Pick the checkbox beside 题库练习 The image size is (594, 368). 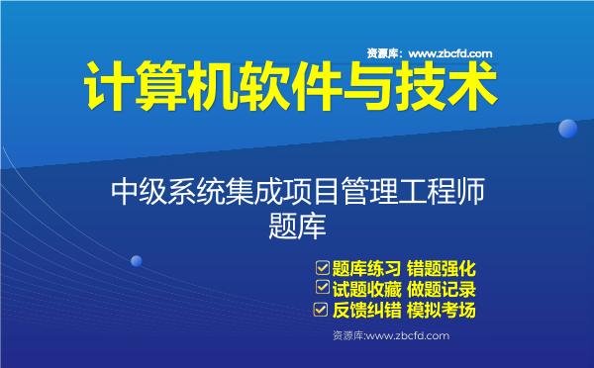[x=322, y=267]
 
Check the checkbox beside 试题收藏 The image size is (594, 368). [x=322, y=289]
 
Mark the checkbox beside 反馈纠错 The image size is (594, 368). [x=322, y=311]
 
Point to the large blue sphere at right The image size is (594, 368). [x=567, y=130]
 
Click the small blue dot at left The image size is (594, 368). [x=137, y=261]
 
